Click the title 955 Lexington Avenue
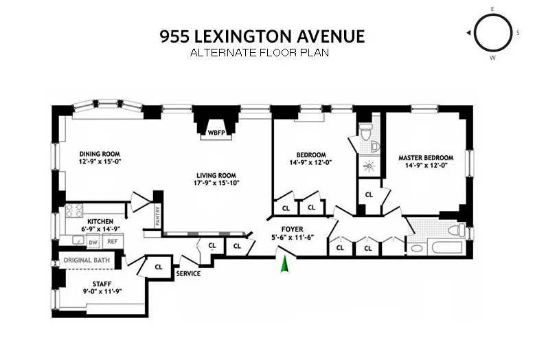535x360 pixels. [262, 36]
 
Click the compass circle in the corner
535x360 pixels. [492, 33]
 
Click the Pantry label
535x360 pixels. [158, 218]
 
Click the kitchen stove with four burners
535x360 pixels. [74, 210]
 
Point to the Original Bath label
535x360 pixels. [87, 260]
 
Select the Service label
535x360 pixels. [188, 273]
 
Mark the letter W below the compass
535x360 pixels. [492, 58]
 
